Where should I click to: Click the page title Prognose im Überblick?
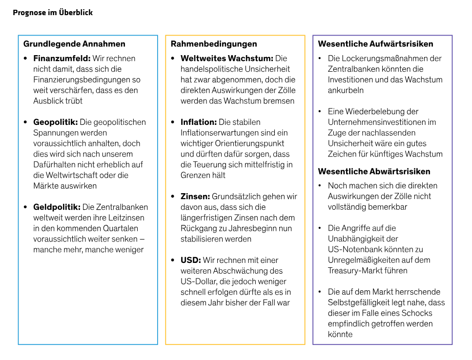coord(53,13)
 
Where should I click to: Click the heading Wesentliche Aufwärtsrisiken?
coord(375,44)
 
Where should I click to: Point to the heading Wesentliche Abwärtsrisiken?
coord(374,171)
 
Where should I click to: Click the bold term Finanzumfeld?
coord(62,59)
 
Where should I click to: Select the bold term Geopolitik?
coord(56,122)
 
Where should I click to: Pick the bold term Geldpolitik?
coord(57,207)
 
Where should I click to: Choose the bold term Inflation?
coord(199,122)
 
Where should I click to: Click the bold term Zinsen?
coord(195,197)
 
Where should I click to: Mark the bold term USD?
coord(191,260)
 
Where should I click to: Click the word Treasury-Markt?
coord(355,271)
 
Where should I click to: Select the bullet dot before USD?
coord(173,260)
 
